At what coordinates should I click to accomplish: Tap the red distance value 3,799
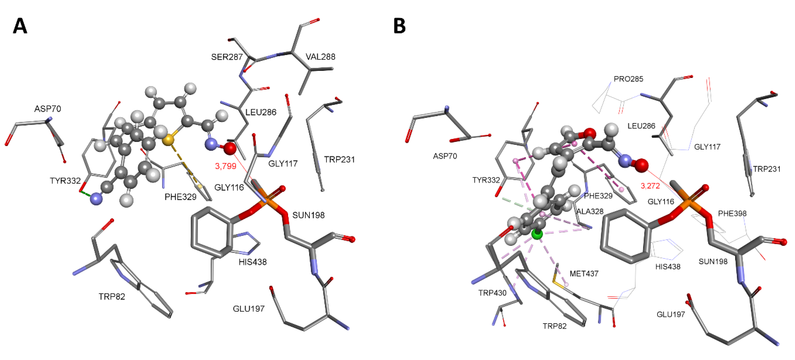click(x=226, y=166)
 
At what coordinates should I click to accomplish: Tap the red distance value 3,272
click(x=650, y=186)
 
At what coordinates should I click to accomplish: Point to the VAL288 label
click(x=320, y=57)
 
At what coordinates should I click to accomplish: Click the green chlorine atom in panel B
click(x=537, y=234)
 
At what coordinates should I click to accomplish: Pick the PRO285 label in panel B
click(x=628, y=79)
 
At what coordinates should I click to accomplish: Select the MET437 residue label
click(x=584, y=274)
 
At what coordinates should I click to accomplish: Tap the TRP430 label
click(x=492, y=293)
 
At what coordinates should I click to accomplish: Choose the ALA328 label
click(x=590, y=212)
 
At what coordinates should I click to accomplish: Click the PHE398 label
click(x=732, y=214)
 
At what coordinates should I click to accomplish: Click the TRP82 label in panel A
click(x=112, y=297)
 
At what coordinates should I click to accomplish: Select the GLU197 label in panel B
click(x=671, y=314)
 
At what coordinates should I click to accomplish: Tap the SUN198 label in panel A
click(x=308, y=215)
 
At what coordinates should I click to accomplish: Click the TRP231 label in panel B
click(x=767, y=169)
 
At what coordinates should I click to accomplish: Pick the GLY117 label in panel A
click(x=283, y=163)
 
